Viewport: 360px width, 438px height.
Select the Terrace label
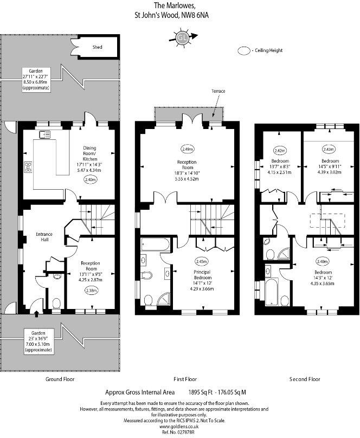218,91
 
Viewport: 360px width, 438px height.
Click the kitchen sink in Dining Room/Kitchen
44,134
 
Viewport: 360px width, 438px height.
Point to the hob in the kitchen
28,166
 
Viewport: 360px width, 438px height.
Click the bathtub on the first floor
156,247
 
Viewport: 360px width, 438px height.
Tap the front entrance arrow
36,313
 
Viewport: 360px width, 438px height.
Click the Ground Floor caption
60,379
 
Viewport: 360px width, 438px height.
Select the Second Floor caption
305,379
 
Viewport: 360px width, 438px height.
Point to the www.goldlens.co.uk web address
179,427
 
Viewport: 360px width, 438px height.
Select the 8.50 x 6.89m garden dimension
36,82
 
